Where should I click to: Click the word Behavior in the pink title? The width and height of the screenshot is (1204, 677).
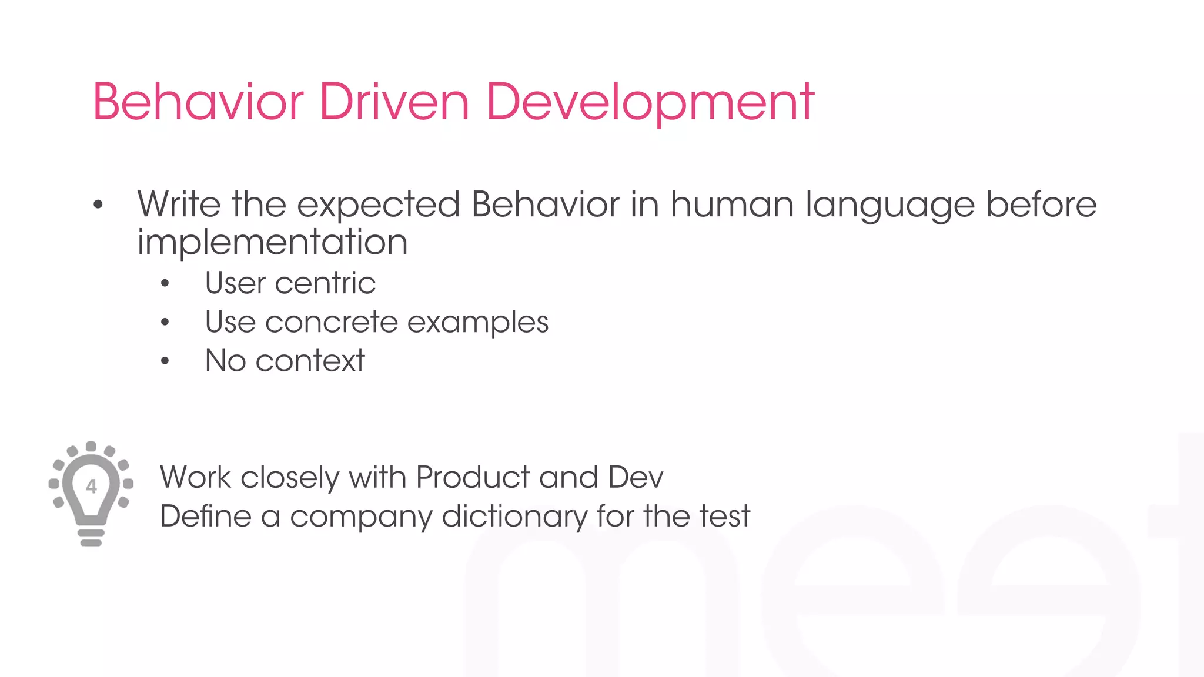click(x=198, y=102)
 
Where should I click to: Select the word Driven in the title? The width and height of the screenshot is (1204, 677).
click(x=394, y=102)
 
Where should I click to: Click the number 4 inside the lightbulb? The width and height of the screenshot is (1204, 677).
click(x=91, y=487)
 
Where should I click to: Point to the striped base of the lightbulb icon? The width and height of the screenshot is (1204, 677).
click(x=91, y=536)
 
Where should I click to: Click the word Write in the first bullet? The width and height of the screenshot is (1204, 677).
click(x=179, y=205)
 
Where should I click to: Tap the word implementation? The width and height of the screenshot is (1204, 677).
click(x=272, y=242)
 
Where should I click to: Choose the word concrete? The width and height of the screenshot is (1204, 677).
click(x=332, y=322)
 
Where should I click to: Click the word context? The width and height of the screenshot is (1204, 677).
click(x=310, y=361)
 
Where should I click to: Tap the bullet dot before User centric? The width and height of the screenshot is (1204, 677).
click(x=165, y=284)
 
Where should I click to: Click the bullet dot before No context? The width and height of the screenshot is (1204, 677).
click(x=165, y=361)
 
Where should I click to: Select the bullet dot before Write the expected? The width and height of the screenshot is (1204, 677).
click(x=98, y=205)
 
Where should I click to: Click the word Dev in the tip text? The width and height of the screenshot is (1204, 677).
click(x=636, y=477)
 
